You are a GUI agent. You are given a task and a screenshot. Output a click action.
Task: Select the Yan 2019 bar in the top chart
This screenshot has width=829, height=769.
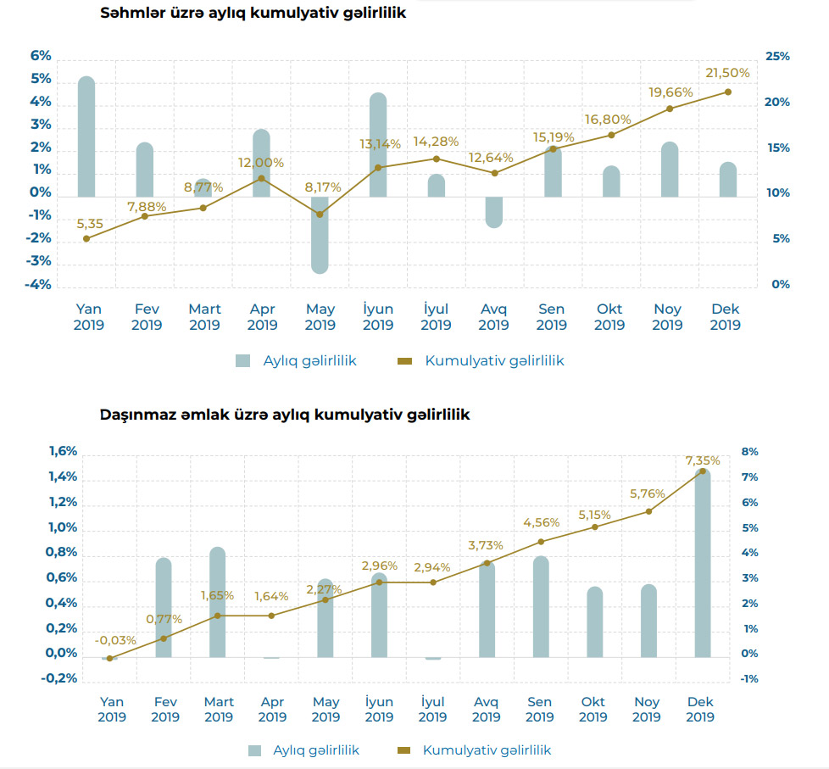pyautogui.click(x=86, y=136)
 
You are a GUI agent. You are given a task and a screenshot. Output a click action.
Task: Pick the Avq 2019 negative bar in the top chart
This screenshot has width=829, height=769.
pyautogui.click(x=494, y=212)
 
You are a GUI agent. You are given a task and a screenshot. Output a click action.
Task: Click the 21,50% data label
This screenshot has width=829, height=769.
pyautogui.click(x=726, y=74)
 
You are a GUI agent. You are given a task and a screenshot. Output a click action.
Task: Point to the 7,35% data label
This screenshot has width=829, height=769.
pyautogui.click(x=703, y=460)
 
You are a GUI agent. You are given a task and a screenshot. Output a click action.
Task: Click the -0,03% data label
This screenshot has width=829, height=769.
pyautogui.click(x=111, y=640)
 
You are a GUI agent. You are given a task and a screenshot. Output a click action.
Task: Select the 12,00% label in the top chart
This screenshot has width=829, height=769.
pyautogui.click(x=262, y=162)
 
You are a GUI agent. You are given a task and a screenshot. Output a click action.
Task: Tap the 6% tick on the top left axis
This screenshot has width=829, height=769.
pyautogui.click(x=41, y=56)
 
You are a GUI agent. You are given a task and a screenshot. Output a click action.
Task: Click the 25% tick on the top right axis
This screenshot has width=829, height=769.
pyautogui.click(x=777, y=56)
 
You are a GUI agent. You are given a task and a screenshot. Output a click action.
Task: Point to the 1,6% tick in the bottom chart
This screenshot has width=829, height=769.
pyautogui.click(x=63, y=452)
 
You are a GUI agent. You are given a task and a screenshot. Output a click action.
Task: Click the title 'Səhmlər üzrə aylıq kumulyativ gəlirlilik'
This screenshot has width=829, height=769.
pyautogui.click(x=253, y=14)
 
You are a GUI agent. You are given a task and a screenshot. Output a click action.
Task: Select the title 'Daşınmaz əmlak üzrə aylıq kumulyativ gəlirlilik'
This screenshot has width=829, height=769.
pyautogui.click(x=285, y=415)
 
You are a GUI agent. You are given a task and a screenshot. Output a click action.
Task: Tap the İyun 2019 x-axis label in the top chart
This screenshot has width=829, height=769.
pyautogui.click(x=378, y=317)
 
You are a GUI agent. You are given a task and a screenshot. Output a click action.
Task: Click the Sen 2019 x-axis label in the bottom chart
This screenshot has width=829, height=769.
pyautogui.click(x=539, y=710)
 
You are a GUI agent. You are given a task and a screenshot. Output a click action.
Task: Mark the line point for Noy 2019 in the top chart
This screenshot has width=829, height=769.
pyautogui.click(x=670, y=109)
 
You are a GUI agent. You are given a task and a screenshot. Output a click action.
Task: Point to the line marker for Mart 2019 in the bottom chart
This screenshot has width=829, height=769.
pyautogui.click(x=218, y=616)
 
